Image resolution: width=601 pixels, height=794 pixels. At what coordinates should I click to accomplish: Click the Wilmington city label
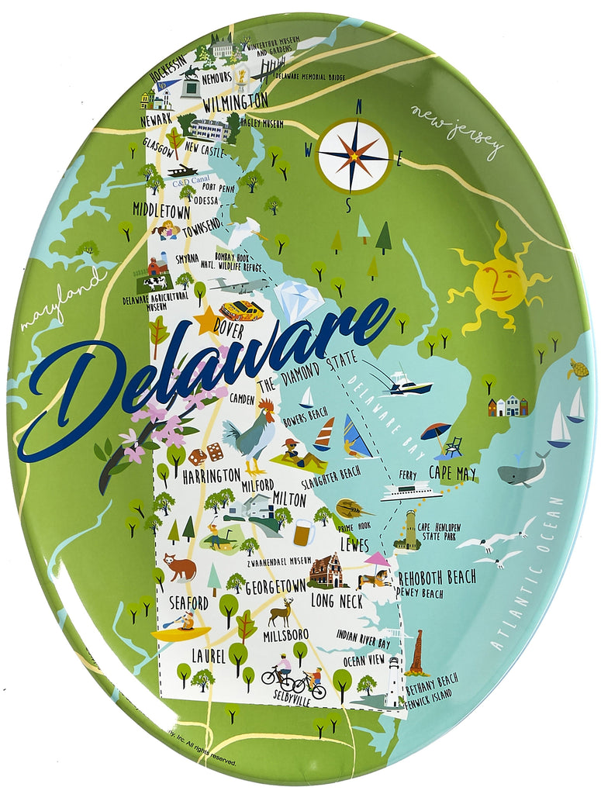click(235, 102)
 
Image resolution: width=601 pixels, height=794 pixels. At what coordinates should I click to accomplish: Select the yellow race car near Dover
click(241, 310)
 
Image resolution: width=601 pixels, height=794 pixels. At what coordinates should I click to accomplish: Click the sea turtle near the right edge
click(577, 370)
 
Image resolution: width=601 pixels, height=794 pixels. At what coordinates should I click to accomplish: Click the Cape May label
click(453, 472)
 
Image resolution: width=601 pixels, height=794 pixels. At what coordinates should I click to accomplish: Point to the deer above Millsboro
click(281, 612)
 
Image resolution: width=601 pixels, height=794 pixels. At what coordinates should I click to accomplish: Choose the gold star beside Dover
click(207, 320)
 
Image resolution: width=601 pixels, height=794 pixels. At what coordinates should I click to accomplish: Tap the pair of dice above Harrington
click(206, 454)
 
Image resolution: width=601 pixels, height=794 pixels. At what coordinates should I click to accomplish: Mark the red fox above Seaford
click(178, 568)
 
